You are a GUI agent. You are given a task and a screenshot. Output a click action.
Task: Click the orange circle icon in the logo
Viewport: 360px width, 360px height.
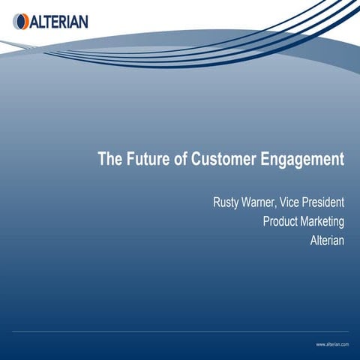[20, 22]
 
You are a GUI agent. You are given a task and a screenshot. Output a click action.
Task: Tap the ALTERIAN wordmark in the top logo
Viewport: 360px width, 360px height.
[58, 22]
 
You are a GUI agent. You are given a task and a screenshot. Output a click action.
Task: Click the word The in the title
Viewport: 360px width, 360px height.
[110, 160]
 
